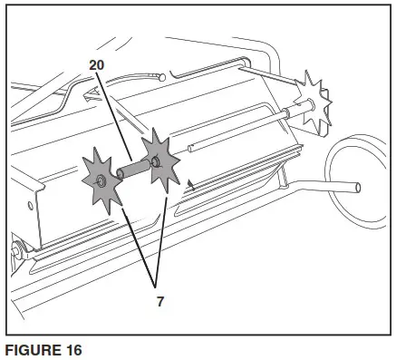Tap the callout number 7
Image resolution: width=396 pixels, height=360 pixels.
click(159, 301)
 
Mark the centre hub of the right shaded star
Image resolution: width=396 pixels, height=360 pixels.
click(157, 162)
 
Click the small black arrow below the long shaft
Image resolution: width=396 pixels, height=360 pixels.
click(191, 185)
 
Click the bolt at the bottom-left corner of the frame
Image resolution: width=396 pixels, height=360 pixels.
click(15, 247)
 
